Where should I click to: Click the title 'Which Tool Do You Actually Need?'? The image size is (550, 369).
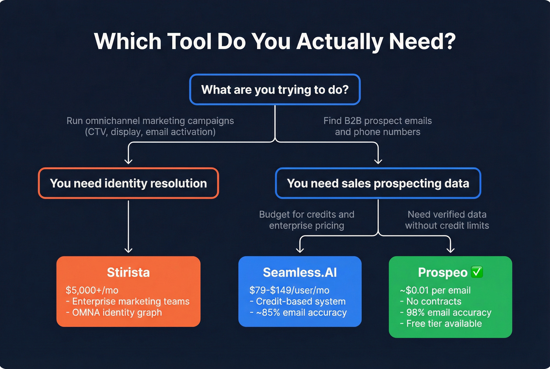[275, 41]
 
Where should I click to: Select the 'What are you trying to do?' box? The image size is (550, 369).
[275, 90]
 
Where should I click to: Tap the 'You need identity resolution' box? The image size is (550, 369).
[128, 183]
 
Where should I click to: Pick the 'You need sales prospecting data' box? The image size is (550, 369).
[378, 183]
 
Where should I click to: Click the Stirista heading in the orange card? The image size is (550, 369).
[128, 272]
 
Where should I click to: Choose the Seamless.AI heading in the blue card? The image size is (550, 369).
[300, 272]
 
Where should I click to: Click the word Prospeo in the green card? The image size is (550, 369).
[442, 272]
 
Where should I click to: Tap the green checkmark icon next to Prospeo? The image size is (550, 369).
[477, 272]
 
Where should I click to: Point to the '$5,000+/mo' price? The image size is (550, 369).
[92, 290]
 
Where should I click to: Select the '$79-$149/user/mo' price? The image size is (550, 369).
[289, 290]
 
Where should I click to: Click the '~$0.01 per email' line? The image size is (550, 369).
[435, 290]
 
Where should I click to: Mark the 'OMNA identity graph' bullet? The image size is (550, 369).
[114, 312]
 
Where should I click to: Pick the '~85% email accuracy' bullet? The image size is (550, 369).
[298, 312]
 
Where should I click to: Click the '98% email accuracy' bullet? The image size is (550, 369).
[445, 312]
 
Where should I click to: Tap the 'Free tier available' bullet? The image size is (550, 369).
[441, 323]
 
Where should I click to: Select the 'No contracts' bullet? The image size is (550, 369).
[431, 301]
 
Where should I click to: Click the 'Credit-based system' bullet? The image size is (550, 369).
[297, 301]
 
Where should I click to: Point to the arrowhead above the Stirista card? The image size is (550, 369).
[128, 249]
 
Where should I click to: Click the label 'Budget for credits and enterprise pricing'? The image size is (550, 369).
[306, 220]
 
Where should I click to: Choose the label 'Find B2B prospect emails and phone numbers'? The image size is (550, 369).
[378, 126]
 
